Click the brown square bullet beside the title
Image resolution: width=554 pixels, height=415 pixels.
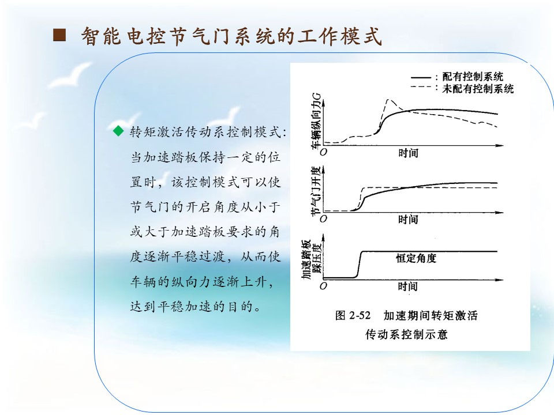click(59, 35)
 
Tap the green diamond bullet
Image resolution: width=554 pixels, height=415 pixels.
click(118, 131)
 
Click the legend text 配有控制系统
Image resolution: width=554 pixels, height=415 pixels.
click(473, 77)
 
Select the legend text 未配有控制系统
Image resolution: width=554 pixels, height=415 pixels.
click(478, 89)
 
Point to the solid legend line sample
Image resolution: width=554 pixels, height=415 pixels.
click(421, 77)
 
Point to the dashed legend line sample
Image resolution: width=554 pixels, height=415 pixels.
click(421, 86)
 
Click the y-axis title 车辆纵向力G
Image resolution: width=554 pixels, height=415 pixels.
click(316, 120)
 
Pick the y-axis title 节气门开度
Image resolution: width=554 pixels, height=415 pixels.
click(316, 191)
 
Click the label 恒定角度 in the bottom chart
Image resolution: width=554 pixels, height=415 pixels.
click(416, 258)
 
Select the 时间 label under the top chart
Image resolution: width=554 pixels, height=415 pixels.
click(408, 153)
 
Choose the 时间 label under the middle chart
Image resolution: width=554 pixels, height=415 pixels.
click(408, 220)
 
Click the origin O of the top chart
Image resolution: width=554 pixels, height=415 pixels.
click(324, 152)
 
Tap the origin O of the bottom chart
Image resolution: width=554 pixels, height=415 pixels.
click(323, 286)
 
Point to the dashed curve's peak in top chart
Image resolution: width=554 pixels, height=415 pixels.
click(388, 100)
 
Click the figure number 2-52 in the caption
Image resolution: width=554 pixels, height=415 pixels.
click(360, 315)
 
